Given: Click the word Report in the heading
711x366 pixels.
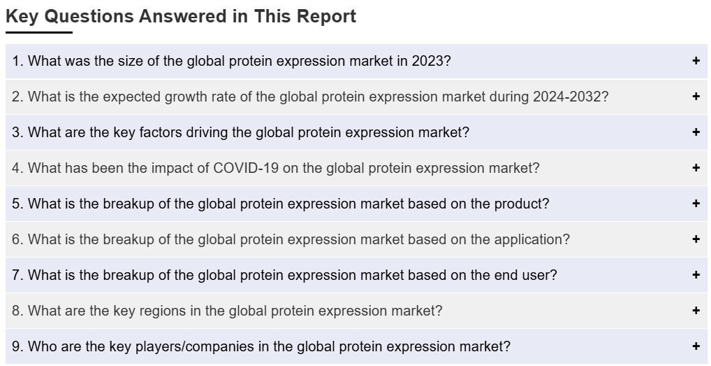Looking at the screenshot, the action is click(x=326, y=16).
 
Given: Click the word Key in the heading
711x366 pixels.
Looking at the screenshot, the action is click(x=22, y=17).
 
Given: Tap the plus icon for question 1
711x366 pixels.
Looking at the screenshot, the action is click(x=696, y=61).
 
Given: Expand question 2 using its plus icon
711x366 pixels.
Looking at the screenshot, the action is click(x=696, y=97).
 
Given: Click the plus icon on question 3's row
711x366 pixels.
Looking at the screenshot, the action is click(x=696, y=132).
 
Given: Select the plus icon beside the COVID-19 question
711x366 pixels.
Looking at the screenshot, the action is click(x=696, y=168).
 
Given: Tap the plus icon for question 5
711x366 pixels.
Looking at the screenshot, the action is click(x=696, y=204).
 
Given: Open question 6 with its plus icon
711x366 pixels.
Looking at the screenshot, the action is click(x=696, y=239).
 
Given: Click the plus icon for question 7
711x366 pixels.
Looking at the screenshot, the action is click(x=696, y=275).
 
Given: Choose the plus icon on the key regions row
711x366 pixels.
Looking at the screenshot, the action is click(x=696, y=311).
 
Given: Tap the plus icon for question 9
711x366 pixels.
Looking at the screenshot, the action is click(x=696, y=346).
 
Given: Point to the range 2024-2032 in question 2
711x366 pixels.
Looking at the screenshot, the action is click(x=567, y=97).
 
